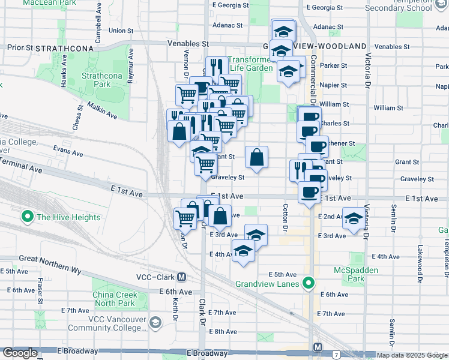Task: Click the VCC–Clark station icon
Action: (x=181, y=277)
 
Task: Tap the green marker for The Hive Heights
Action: (x=27, y=217)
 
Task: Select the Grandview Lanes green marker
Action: (x=309, y=283)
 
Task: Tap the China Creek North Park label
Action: (x=115, y=299)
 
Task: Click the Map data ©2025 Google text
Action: (x=412, y=355)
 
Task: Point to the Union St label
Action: (x=121, y=30)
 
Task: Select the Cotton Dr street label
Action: (x=285, y=219)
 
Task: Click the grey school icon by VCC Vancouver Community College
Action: (x=156, y=323)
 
